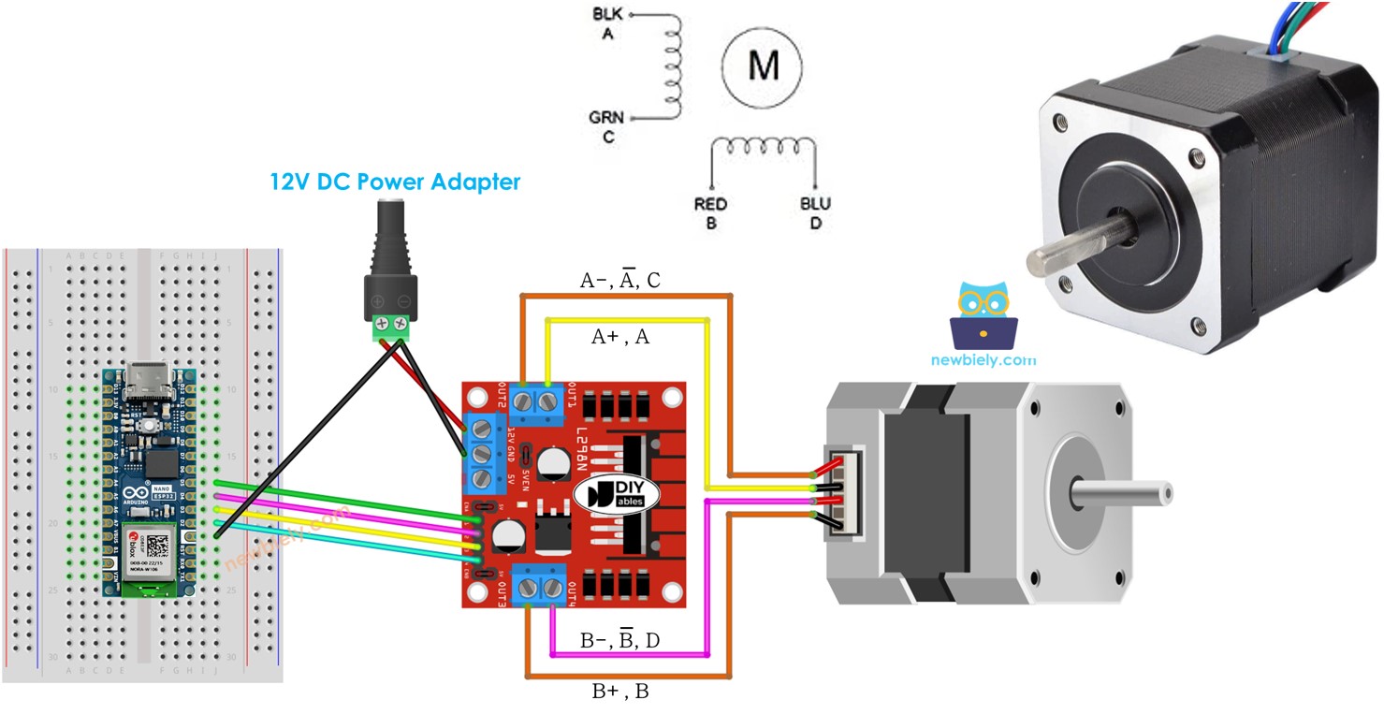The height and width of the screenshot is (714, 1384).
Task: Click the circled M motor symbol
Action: coord(762,65)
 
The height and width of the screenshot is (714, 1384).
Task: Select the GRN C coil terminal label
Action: coord(606,126)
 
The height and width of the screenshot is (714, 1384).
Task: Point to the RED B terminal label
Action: coord(711,213)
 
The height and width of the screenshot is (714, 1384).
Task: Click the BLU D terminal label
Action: coord(815,213)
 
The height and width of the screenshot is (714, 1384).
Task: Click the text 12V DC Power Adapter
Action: coord(395,182)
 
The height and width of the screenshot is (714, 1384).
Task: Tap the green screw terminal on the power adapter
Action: coord(391,327)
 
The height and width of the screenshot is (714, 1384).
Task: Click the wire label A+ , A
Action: coord(619,338)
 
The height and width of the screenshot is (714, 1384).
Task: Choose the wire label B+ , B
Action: coord(619,693)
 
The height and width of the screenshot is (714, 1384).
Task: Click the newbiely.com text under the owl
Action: coord(983,359)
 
